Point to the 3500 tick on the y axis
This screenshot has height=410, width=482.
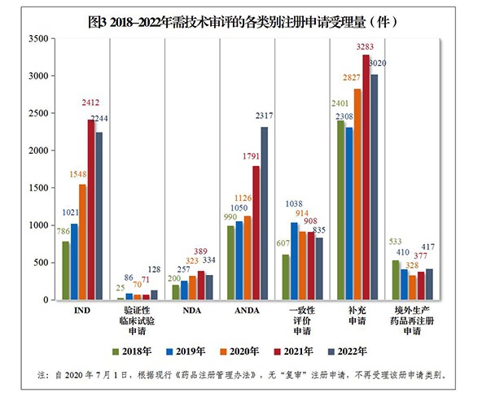click(x=37, y=39)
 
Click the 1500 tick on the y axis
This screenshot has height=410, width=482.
click(x=37, y=188)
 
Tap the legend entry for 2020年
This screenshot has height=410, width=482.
click(x=245, y=351)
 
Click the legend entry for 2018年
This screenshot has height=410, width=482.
click(x=134, y=351)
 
